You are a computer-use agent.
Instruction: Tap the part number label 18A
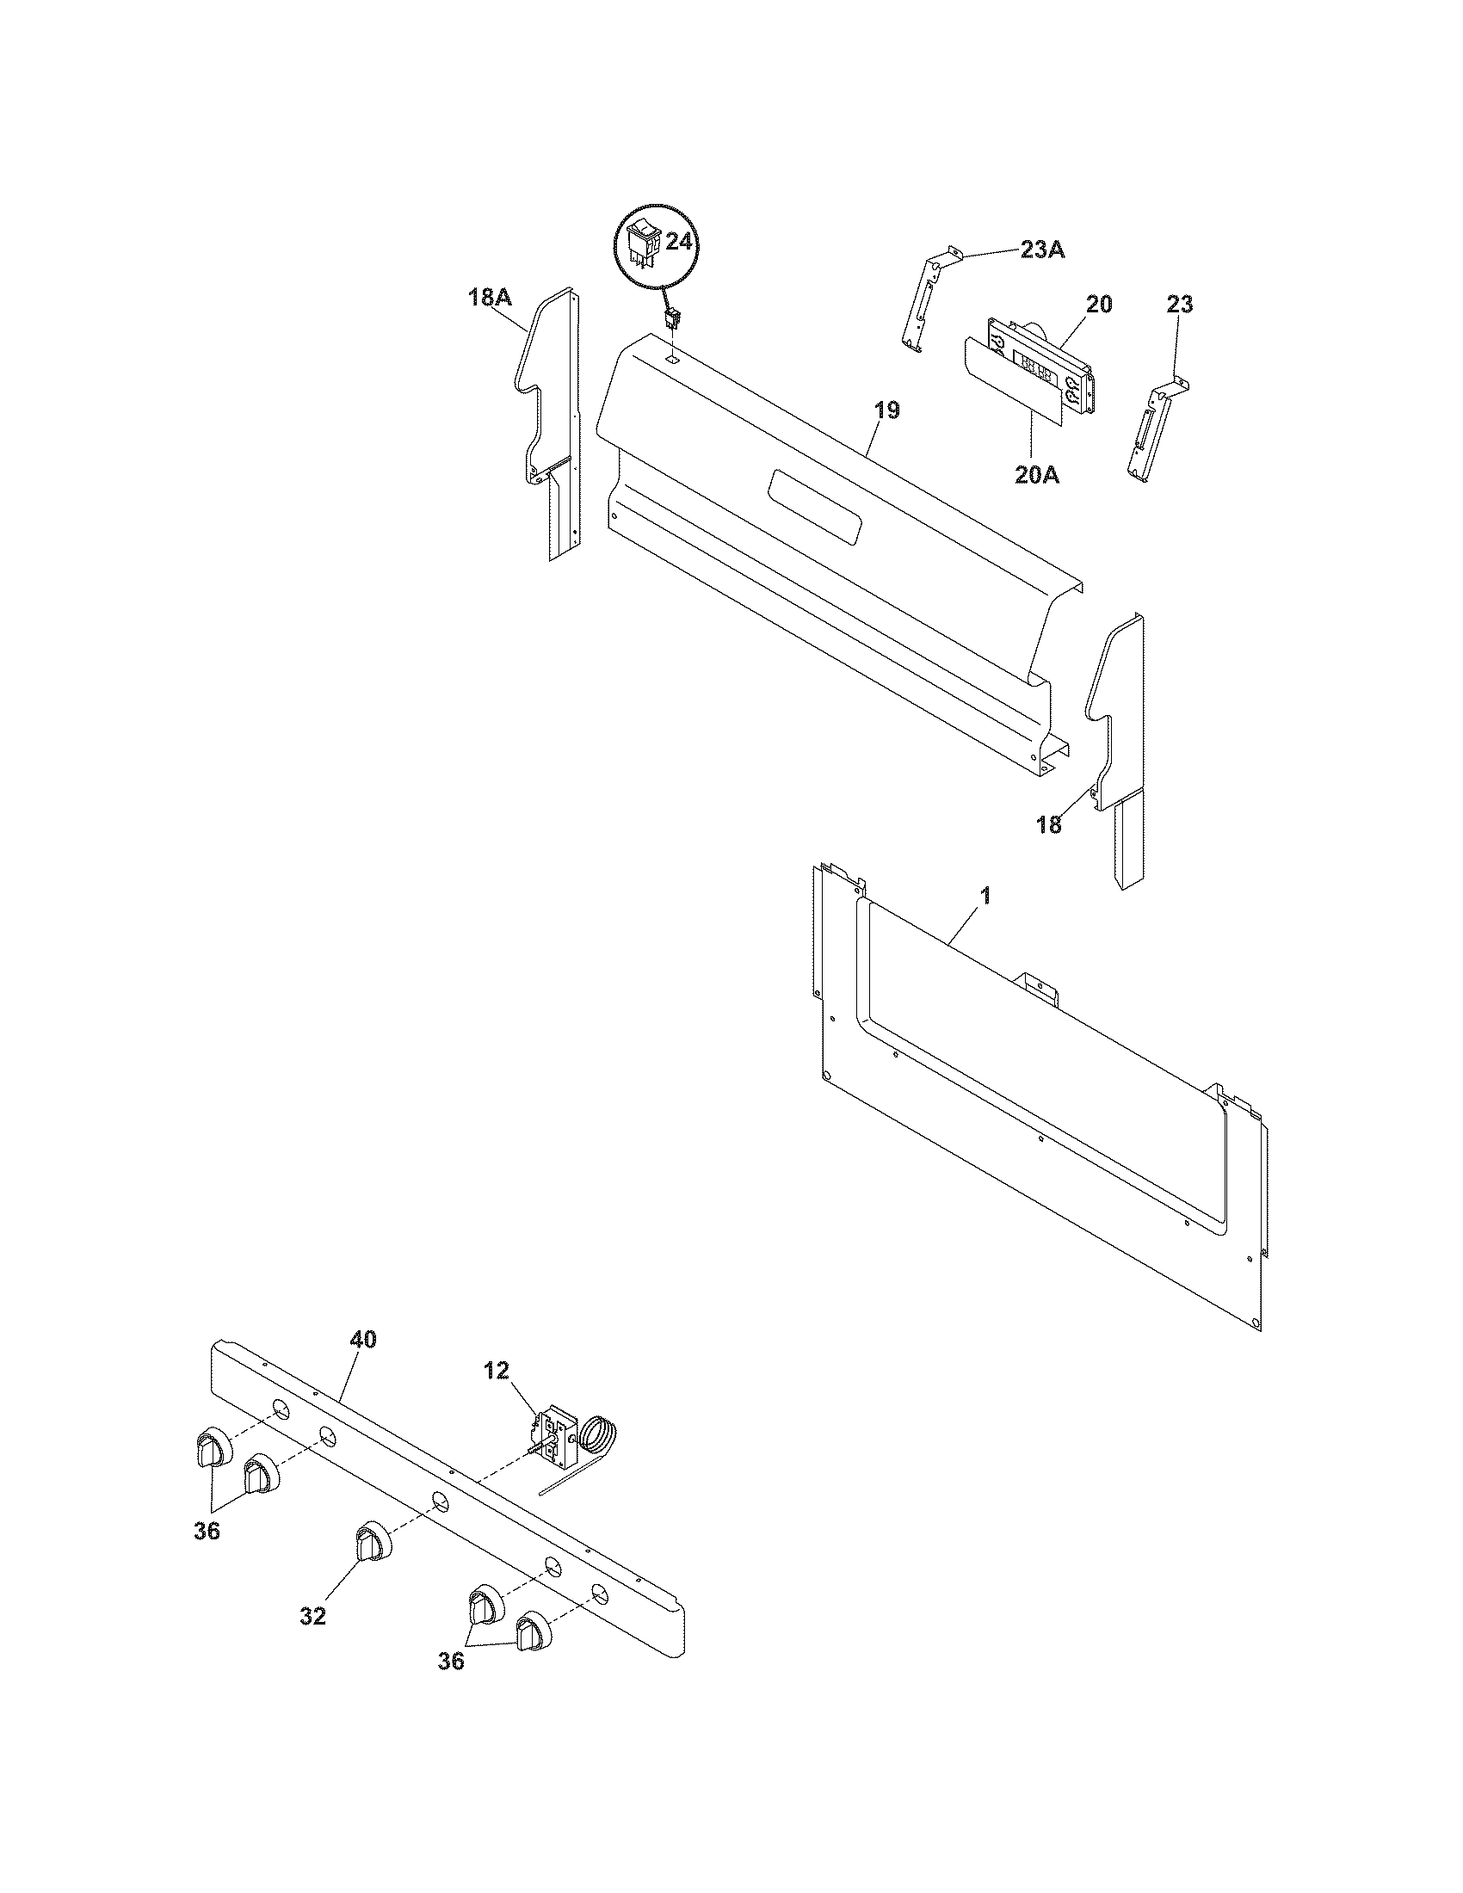click(x=490, y=299)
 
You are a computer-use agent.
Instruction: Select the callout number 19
click(x=886, y=410)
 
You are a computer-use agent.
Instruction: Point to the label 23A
click(x=1043, y=250)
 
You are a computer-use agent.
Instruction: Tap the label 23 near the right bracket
click(x=1179, y=305)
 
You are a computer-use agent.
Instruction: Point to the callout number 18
click(x=1049, y=824)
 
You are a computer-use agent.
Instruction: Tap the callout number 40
click(x=363, y=1339)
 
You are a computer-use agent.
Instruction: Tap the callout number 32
click(x=314, y=1616)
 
